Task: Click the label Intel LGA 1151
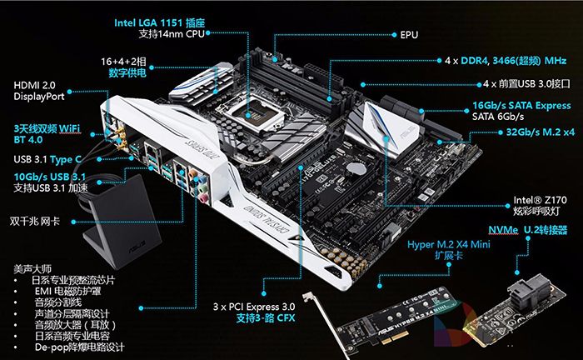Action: click(150, 23)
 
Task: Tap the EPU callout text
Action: click(409, 35)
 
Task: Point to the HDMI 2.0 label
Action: click(35, 85)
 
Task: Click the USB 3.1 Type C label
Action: click(47, 159)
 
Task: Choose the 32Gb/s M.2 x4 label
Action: click(541, 132)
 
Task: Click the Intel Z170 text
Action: click(540, 200)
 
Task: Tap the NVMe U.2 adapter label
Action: click(527, 230)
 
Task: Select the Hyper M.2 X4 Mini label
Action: click(449, 244)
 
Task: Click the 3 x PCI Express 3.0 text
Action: click(254, 307)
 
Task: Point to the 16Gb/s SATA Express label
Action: click(521, 106)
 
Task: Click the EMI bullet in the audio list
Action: click(67, 291)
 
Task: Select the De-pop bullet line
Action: click(79, 347)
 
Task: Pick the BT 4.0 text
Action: click(28, 140)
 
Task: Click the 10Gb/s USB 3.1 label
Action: click(49, 177)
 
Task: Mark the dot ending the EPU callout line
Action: click(394, 35)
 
